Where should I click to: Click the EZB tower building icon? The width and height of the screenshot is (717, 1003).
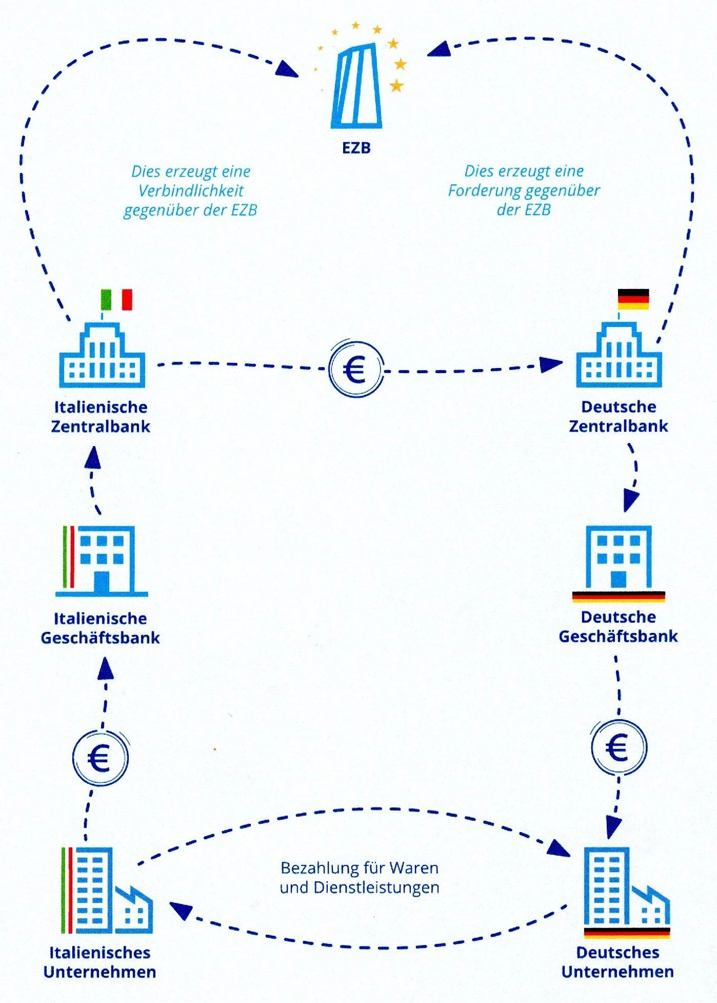coord(357,87)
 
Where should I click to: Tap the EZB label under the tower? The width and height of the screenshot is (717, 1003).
coord(356,148)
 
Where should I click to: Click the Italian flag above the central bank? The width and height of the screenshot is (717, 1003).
coord(116,300)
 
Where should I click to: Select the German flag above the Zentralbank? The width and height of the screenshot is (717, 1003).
coord(633,299)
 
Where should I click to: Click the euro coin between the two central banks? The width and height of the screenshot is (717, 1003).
coord(356,369)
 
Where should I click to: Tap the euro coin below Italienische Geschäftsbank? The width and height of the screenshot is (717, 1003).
coord(100,758)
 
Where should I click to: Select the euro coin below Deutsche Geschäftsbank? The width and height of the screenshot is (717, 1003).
coord(619,747)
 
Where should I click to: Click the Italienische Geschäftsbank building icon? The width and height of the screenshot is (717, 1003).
coord(103,561)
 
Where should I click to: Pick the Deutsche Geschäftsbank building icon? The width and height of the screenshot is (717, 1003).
coord(619,561)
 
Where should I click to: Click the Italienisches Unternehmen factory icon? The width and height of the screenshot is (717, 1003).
coord(107,891)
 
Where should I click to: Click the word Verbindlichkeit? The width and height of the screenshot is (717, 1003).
coord(191,191)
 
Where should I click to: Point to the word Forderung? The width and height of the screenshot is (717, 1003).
coord(485,191)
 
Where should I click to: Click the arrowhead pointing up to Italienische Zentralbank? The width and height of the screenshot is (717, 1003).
coord(93,457)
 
